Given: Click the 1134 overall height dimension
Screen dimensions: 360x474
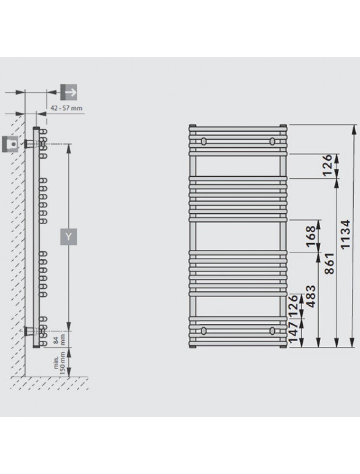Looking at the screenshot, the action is [x=345, y=234].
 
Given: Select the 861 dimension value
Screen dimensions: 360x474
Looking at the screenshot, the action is [x=330, y=263].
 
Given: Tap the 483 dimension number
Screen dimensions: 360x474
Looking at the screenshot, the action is [x=310, y=296].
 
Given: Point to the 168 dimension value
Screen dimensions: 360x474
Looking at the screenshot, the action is [x=310, y=236].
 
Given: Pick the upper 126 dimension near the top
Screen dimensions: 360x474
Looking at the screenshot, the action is [x=327, y=165].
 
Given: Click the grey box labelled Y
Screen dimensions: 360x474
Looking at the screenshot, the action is [x=69, y=237].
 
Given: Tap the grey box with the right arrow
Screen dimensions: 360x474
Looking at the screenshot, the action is [x=69, y=92].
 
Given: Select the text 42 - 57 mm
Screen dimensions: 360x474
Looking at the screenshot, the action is [x=66, y=108].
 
